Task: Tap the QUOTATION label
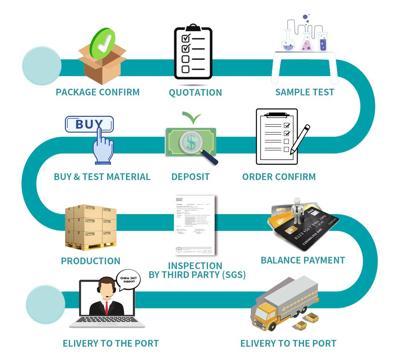(195, 92)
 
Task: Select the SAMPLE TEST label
(304, 92)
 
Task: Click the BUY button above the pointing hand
(89, 124)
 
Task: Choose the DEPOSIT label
(190, 177)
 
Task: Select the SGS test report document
(195, 225)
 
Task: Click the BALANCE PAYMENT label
(303, 260)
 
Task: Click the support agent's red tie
(106, 307)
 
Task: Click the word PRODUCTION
(90, 261)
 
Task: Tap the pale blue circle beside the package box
(42, 66)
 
